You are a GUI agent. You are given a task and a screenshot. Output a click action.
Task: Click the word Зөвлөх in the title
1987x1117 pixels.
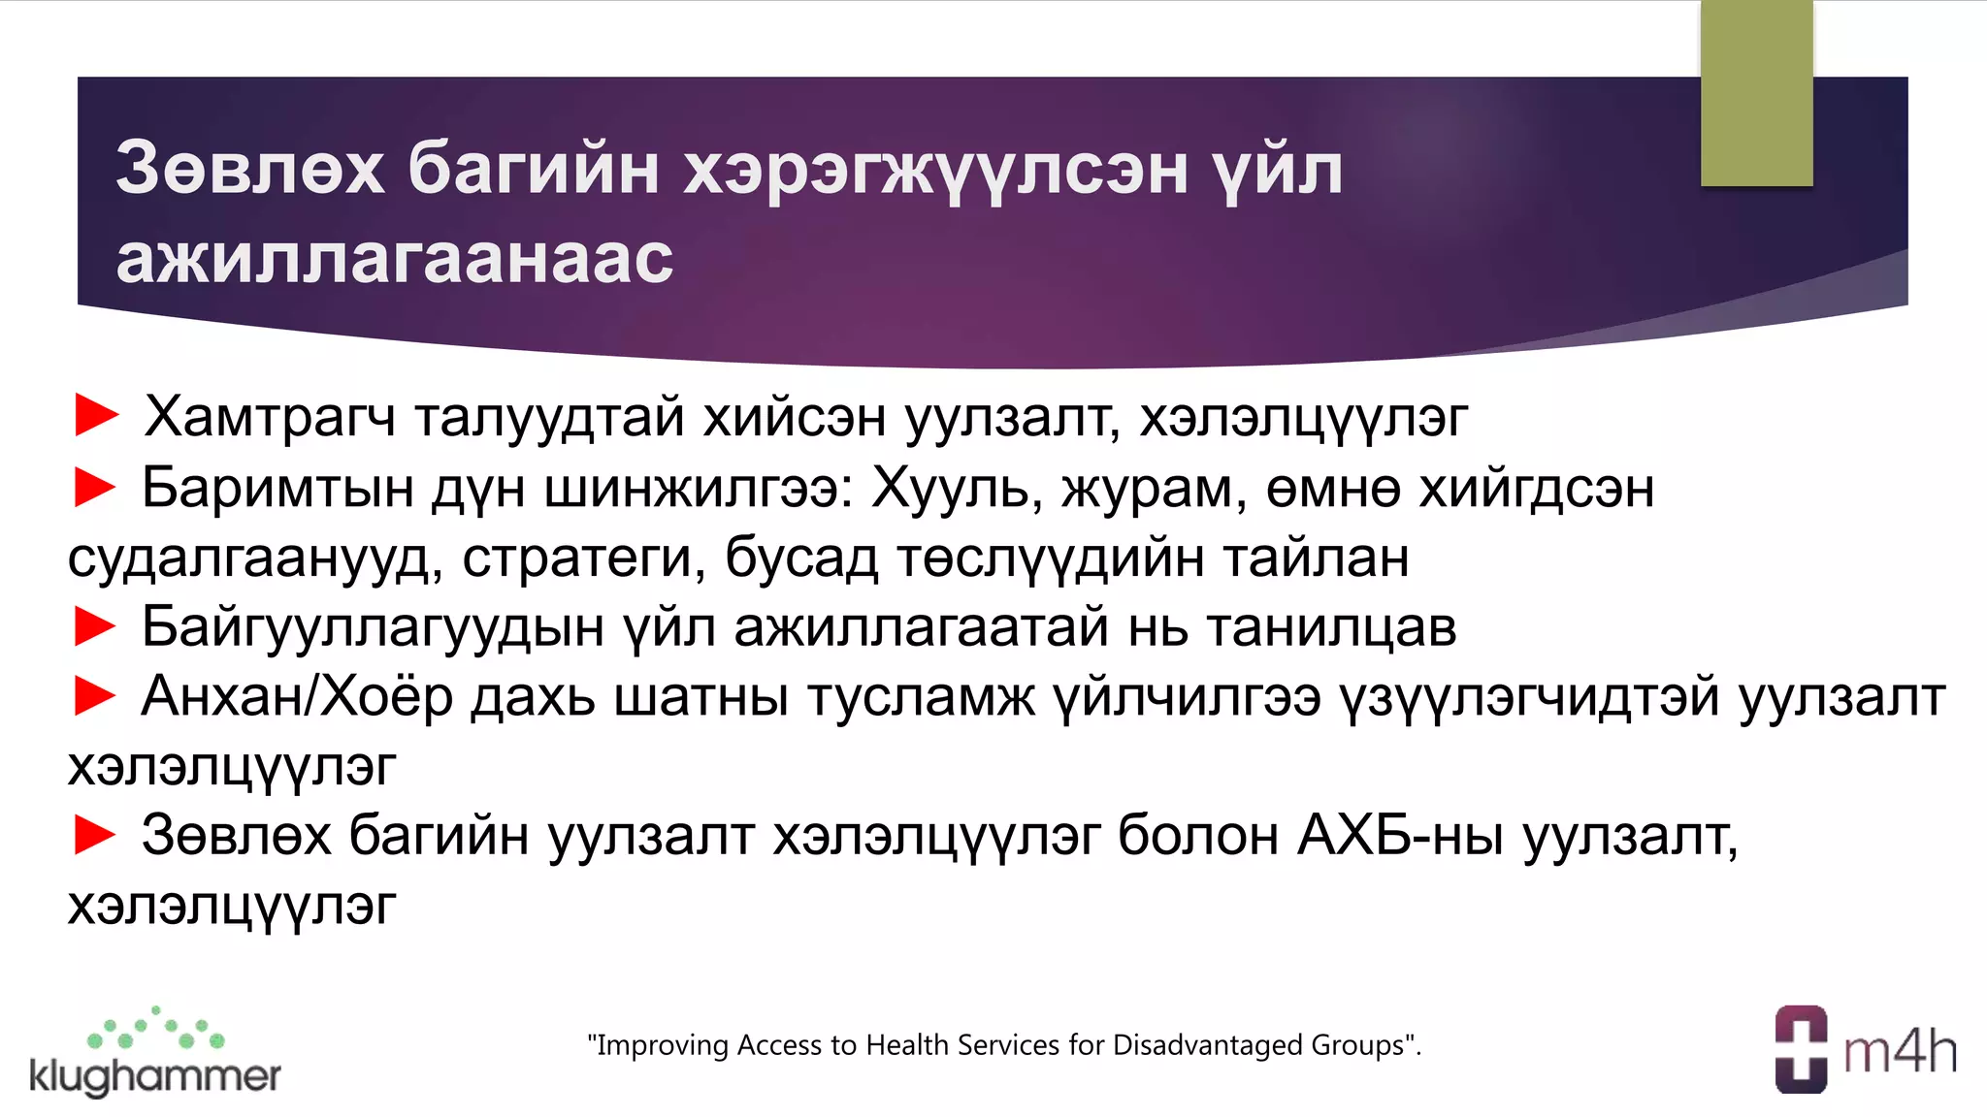[x=250, y=169]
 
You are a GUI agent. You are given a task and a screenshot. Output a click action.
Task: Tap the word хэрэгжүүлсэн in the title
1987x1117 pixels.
[x=935, y=171]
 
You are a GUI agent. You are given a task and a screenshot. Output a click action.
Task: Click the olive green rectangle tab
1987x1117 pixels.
[x=1756, y=93]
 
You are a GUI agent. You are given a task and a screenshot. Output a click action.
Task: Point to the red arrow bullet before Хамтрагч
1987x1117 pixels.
[x=96, y=416]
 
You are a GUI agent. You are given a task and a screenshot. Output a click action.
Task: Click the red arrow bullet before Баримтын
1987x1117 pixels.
[x=95, y=487]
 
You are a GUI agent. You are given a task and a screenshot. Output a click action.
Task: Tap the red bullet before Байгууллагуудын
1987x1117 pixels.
[x=95, y=626]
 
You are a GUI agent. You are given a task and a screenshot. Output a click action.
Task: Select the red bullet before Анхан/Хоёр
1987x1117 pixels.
[x=95, y=696]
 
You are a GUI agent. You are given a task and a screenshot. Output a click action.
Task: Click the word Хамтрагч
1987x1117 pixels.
[x=270, y=418]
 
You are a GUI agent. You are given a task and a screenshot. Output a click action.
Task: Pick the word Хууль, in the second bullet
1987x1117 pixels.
[x=957, y=488]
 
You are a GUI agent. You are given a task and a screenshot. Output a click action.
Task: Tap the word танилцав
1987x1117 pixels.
[x=1331, y=627]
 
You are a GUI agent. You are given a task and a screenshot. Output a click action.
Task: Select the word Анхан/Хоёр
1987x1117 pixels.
[x=297, y=698]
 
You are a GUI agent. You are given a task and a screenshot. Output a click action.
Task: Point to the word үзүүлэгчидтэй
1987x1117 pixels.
[x=1529, y=698]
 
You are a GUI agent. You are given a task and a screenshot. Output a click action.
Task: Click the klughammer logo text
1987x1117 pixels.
[x=155, y=1075]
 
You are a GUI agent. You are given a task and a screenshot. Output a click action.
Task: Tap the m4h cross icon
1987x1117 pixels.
[x=1801, y=1049]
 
